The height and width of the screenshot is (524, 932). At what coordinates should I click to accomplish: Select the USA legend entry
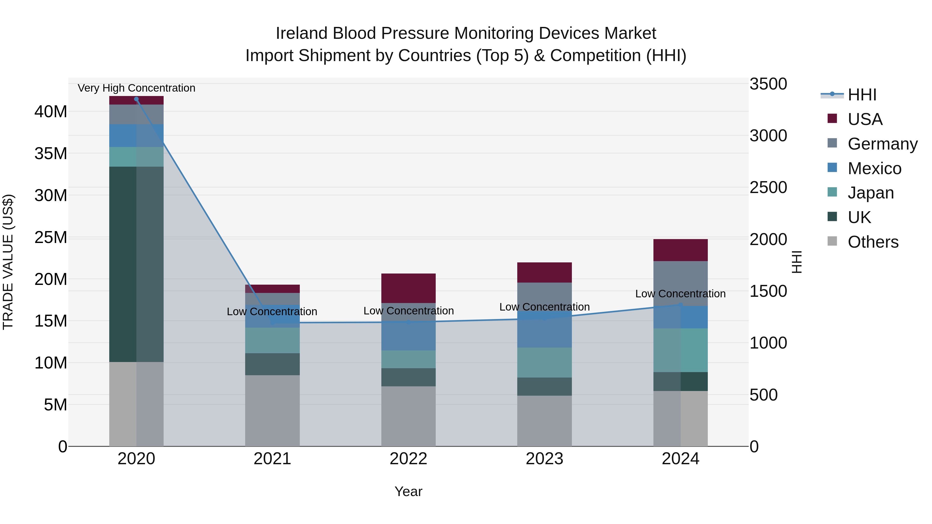(864, 119)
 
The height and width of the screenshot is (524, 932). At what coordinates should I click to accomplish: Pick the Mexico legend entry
(874, 168)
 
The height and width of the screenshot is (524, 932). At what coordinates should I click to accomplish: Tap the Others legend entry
(872, 242)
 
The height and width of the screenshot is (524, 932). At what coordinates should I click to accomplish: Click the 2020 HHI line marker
(136, 99)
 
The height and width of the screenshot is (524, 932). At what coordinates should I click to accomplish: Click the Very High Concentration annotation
(136, 88)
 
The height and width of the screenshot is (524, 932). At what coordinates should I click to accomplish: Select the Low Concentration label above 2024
(680, 294)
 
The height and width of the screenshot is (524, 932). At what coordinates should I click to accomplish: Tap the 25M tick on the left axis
(51, 238)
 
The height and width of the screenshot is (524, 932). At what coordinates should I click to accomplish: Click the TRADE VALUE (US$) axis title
(8, 262)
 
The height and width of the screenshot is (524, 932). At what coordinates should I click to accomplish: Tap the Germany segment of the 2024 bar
(680, 284)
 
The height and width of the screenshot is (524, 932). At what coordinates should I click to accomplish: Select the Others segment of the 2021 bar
(272, 410)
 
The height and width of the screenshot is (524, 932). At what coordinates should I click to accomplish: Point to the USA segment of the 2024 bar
(680, 250)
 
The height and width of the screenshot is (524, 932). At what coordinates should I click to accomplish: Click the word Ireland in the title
(302, 33)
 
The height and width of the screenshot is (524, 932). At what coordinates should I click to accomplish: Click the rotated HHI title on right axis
(797, 262)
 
